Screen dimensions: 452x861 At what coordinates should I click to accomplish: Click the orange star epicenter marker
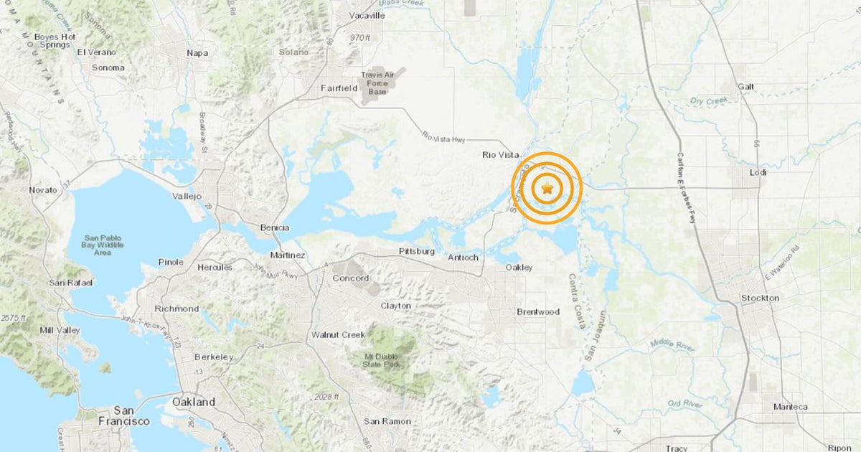pyautogui.click(x=547, y=189)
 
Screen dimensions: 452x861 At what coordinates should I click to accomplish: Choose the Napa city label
pyautogui.click(x=197, y=52)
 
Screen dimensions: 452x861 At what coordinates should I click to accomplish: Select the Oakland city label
pyautogui.click(x=194, y=402)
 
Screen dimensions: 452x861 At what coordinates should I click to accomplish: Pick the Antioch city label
pyautogui.click(x=463, y=258)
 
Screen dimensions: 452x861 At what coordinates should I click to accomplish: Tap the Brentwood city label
pyautogui.click(x=538, y=312)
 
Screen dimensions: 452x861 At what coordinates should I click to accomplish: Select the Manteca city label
pyautogui.click(x=790, y=407)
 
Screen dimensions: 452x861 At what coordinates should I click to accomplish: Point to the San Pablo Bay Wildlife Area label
pyautogui.click(x=107, y=245)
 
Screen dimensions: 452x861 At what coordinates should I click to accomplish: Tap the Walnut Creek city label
pyautogui.click(x=338, y=334)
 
